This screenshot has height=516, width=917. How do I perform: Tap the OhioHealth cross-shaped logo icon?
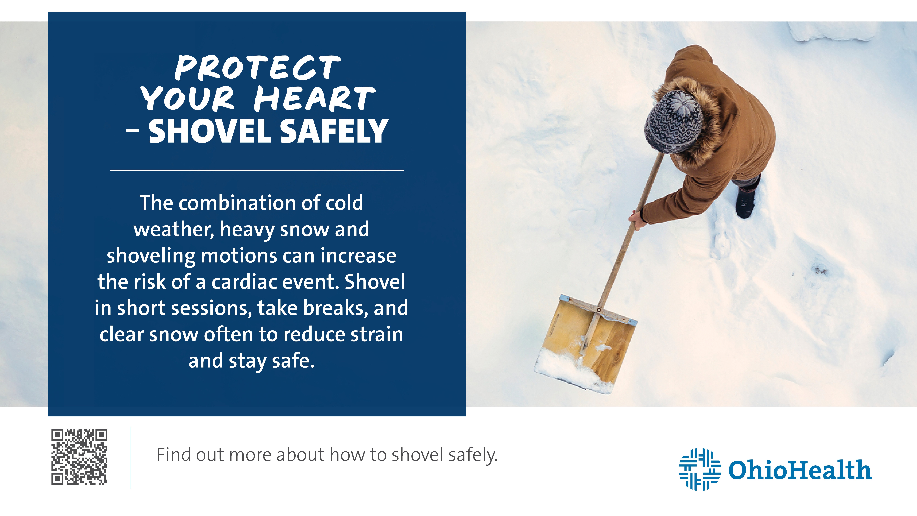[699, 469]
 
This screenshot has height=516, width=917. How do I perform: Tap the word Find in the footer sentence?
[173, 455]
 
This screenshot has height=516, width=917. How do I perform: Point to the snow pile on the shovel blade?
[570, 370]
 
